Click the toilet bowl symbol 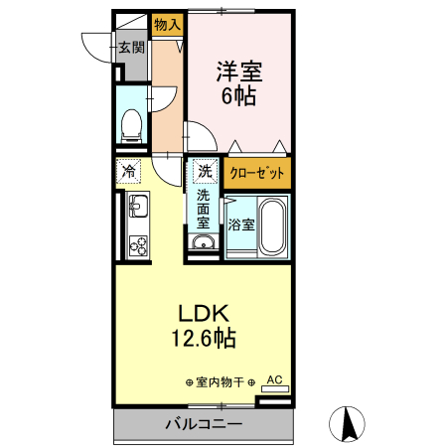click(130, 124)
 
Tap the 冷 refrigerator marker click(128, 172)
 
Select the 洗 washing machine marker click(204, 172)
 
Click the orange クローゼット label click(257, 173)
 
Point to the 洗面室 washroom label click(204, 210)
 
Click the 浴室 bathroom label click(241, 224)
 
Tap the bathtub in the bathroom click(274, 225)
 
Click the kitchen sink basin click(137, 209)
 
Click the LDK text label click(203, 312)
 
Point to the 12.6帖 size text click(203, 339)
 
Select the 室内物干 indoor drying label click(221, 381)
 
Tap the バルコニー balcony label click(203, 425)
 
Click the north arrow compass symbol click(349, 423)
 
